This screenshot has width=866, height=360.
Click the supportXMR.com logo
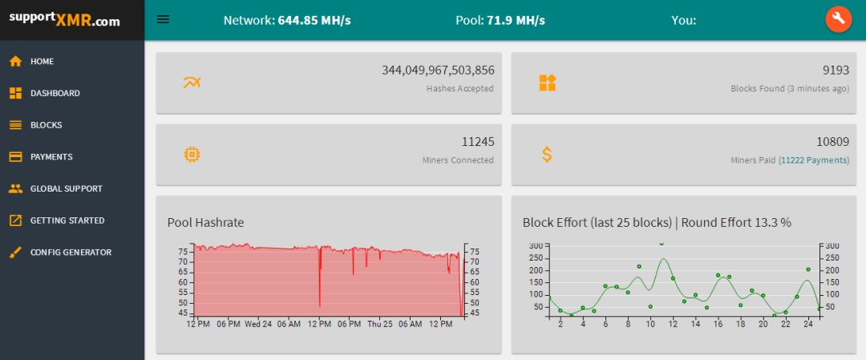pyautogui.click(x=65, y=19)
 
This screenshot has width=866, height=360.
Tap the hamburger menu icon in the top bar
pyautogui.click(x=163, y=19)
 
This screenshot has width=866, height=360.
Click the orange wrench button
pyautogui.click(x=838, y=19)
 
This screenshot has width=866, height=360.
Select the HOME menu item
pyautogui.click(x=42, y=61)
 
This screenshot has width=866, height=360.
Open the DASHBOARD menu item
pyautogui.click(x=55, y=93)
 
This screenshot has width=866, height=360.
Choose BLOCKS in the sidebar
pyautogui.click(x=46, y=125)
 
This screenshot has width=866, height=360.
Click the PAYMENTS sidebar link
pyautogui.click(x=51, y=156)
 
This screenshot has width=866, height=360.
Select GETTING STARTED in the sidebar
pyautogui.click(x=67, y=220)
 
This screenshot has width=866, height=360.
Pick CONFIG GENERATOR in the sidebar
pyautogui.click(x=71, y=252)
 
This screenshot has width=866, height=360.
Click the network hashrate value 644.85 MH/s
pyautogui.click(x=314, y=20)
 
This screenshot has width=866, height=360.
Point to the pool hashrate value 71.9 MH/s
pyautogui.click(x=516, y=20)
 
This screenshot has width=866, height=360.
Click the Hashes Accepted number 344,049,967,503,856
pyautogui.click(x=438, y=71)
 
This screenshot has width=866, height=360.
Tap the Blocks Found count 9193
pyautogui.click(x=836, y=71)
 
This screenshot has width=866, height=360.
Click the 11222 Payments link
pyautogui.click(x=814, y=160)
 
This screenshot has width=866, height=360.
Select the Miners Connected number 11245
pyautogui.click(x=478, y=142)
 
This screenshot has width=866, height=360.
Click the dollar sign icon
pyautogui.click(x=547, y=154)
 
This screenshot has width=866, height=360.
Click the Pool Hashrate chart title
pyautogui.click(x=205, y=222)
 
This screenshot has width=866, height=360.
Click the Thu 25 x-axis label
pyautogui.click(x=380, y=324)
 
